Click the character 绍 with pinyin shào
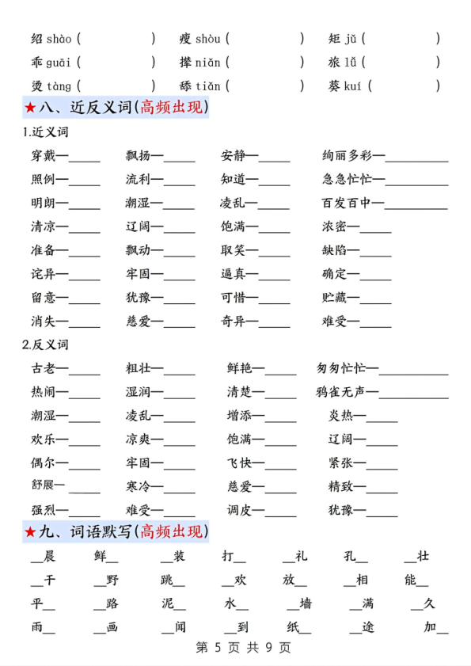[37, 39]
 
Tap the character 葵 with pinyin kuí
[335, 86]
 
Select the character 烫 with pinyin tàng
[37, 86]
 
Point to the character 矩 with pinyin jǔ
[335, 39]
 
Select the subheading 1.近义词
[46, 132]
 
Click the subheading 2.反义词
[46, 344]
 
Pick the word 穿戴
[44, 156]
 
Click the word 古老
[44, 368]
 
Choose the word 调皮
[239, 511]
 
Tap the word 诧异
[44, 275]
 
